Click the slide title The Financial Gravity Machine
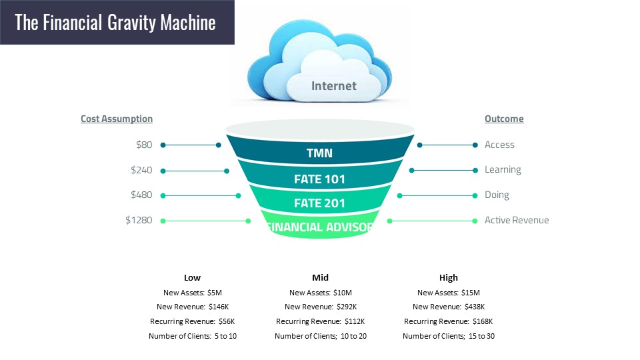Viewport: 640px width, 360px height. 115,23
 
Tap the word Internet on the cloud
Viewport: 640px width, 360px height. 334,86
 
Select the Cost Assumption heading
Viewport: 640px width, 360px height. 117,119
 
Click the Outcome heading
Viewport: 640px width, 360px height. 504,119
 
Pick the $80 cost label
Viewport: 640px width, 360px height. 144,145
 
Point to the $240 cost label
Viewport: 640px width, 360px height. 141,170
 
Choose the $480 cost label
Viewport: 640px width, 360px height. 141,195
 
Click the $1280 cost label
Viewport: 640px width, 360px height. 139,221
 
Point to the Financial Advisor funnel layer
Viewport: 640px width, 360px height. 320,225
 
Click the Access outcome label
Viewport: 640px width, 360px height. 499,145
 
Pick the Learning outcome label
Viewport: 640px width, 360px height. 503,170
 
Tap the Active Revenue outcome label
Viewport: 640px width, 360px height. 517,221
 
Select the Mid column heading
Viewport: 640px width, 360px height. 321,277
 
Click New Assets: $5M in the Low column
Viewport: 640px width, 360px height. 193,293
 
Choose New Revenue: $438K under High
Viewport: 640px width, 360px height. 449,307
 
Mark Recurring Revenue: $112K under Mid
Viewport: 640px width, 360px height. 321,321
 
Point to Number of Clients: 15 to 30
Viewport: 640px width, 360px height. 449,336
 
